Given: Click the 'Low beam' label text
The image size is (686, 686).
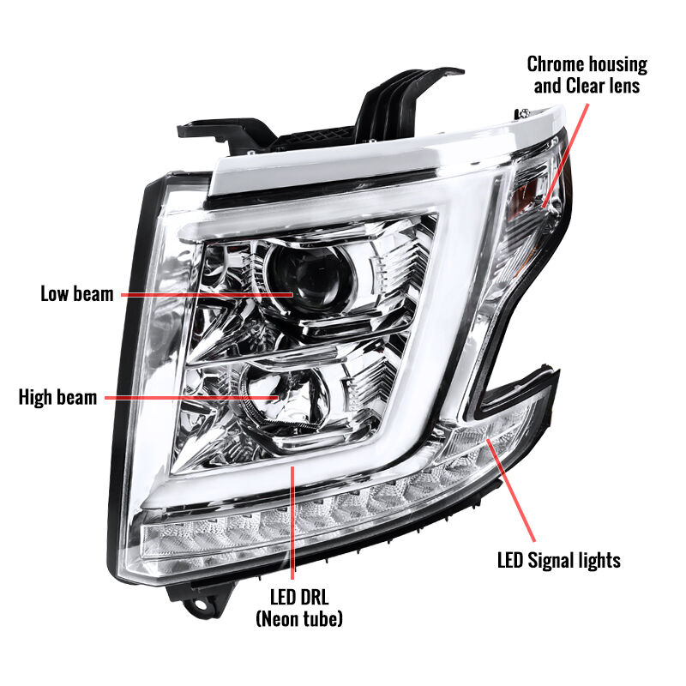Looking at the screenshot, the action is click(x=77, y=293).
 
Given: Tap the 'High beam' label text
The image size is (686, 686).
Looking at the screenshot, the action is click(x=57, y=397).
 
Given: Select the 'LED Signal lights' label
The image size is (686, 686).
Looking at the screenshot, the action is click(x=559, y=561).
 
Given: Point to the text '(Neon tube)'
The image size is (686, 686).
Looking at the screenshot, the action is click(x=299, y=618).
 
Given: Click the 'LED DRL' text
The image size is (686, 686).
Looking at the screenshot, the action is click(x=299, y=597).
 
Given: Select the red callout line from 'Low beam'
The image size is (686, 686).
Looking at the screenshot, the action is click(x=207, y=295).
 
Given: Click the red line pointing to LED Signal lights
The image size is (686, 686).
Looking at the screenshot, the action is click(x=510, y=490).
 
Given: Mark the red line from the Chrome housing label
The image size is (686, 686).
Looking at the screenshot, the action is click(x=565, y=155).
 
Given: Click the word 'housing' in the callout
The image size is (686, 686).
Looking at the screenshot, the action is click(x=617, y=65).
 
